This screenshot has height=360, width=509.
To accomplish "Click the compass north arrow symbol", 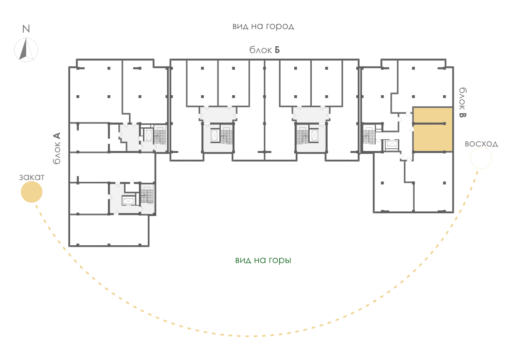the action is (26, 50).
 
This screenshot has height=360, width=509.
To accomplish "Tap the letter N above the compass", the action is (26, 29).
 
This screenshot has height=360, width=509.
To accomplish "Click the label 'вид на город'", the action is (263, 26).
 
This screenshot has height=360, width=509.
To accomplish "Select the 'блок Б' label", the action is (265, 50).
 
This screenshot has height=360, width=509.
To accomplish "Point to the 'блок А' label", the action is (57, 148).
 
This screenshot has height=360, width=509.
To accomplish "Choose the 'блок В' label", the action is (462, 102).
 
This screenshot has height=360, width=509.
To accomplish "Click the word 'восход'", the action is (481, 144).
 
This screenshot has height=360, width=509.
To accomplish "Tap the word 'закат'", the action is (31, 177).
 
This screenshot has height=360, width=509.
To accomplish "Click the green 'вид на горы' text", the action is (263, 260).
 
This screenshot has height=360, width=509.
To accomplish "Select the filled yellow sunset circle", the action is (31, 192).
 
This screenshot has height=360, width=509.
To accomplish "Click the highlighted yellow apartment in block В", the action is (433, 129).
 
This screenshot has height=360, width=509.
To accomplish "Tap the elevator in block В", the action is (392, 145).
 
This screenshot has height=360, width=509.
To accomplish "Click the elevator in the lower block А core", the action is (128, 201).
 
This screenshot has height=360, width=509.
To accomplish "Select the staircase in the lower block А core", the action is (147, 195).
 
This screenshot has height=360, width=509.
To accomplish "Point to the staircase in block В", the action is (369, 136).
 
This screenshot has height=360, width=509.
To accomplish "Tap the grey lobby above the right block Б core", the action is (311, 115).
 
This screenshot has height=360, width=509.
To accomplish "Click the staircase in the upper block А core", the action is (160, 136).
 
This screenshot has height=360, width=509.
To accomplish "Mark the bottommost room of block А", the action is (109, 230).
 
